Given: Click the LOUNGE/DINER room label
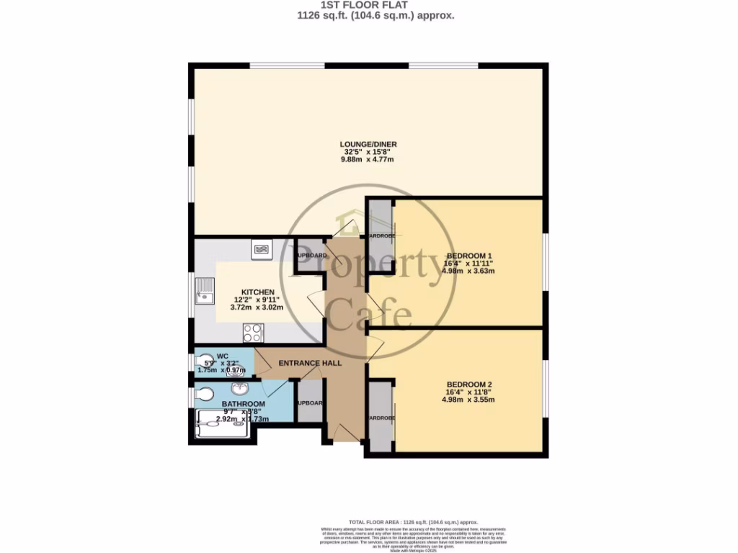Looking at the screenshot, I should coord(369,144).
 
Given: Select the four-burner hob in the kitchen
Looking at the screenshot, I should coord(254,333).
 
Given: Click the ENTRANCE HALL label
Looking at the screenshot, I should coord(310,362).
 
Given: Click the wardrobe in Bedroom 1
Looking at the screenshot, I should coord(380,235).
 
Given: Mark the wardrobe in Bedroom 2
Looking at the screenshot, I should coord(380,418).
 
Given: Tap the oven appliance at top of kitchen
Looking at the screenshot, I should coord(260,249).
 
